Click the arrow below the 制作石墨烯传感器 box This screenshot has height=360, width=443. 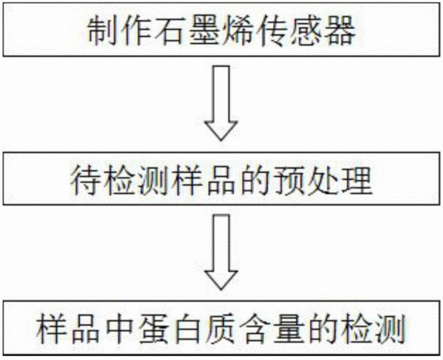221,103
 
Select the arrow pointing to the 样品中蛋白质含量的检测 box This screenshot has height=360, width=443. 221,252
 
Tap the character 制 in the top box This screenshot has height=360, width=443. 101,30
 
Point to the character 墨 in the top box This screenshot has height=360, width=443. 203,30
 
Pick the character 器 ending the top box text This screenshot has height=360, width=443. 340,30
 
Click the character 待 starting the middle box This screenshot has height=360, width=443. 85,180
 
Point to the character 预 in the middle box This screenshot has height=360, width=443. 289,180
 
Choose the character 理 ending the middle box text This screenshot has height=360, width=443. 357,180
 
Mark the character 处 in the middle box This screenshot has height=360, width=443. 324,180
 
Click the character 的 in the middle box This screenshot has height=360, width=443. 255,180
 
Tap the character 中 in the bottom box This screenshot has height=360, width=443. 118,329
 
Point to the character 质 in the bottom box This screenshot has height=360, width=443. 221,329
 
